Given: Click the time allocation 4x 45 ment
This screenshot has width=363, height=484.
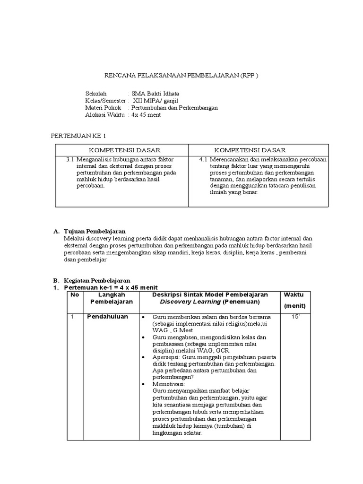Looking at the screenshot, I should tap(146, 114).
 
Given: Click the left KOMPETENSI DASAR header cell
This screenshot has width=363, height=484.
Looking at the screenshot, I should tap(122, 150).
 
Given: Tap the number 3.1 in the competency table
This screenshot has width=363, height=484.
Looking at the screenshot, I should tap(71, 160).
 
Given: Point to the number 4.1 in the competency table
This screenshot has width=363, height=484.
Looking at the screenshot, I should tap(204, 160).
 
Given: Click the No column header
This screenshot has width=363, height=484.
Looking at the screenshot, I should tap(74, 294).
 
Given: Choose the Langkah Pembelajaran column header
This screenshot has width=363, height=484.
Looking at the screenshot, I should tap(112, 298).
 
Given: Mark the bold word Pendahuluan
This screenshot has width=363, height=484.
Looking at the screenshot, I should tap(107, 317).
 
